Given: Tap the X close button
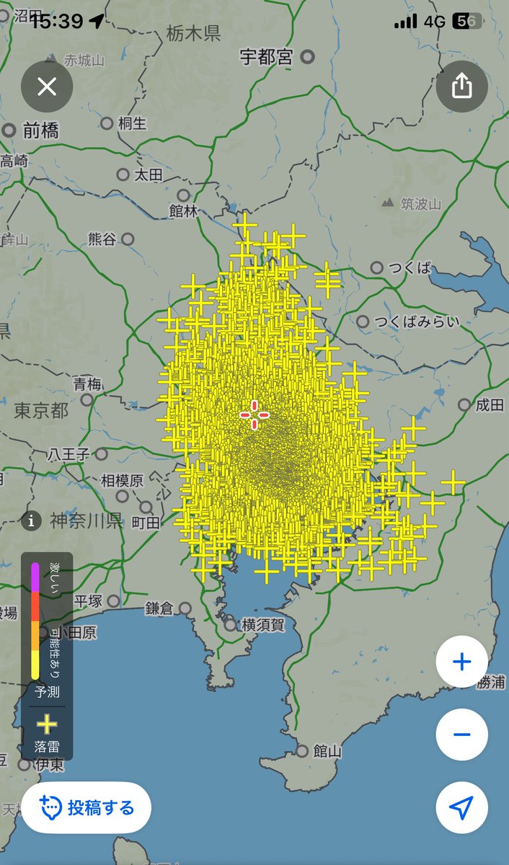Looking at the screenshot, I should pos(47,87).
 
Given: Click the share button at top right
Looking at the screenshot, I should pos(461,87).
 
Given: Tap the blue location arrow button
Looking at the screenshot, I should pos(461,807).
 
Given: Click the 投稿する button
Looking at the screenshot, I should pos(87,807).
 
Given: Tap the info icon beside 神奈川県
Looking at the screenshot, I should pos(31,520).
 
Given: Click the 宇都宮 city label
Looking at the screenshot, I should pos(267,57).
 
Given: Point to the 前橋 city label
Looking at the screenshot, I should pos(41,130).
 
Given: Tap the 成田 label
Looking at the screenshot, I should pos(490,405).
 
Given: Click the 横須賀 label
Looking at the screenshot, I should pos(262,625).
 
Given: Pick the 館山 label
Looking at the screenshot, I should pos(327,751).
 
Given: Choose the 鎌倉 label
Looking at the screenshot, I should pos(159,608).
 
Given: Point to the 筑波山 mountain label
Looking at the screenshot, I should pos(421,204).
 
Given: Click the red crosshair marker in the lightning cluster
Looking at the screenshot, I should pos(254,414).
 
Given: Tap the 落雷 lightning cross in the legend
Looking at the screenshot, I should pos(47,724).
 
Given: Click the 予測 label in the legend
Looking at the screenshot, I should pos(47,691).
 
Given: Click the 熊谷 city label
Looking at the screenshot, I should pos(102,239).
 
